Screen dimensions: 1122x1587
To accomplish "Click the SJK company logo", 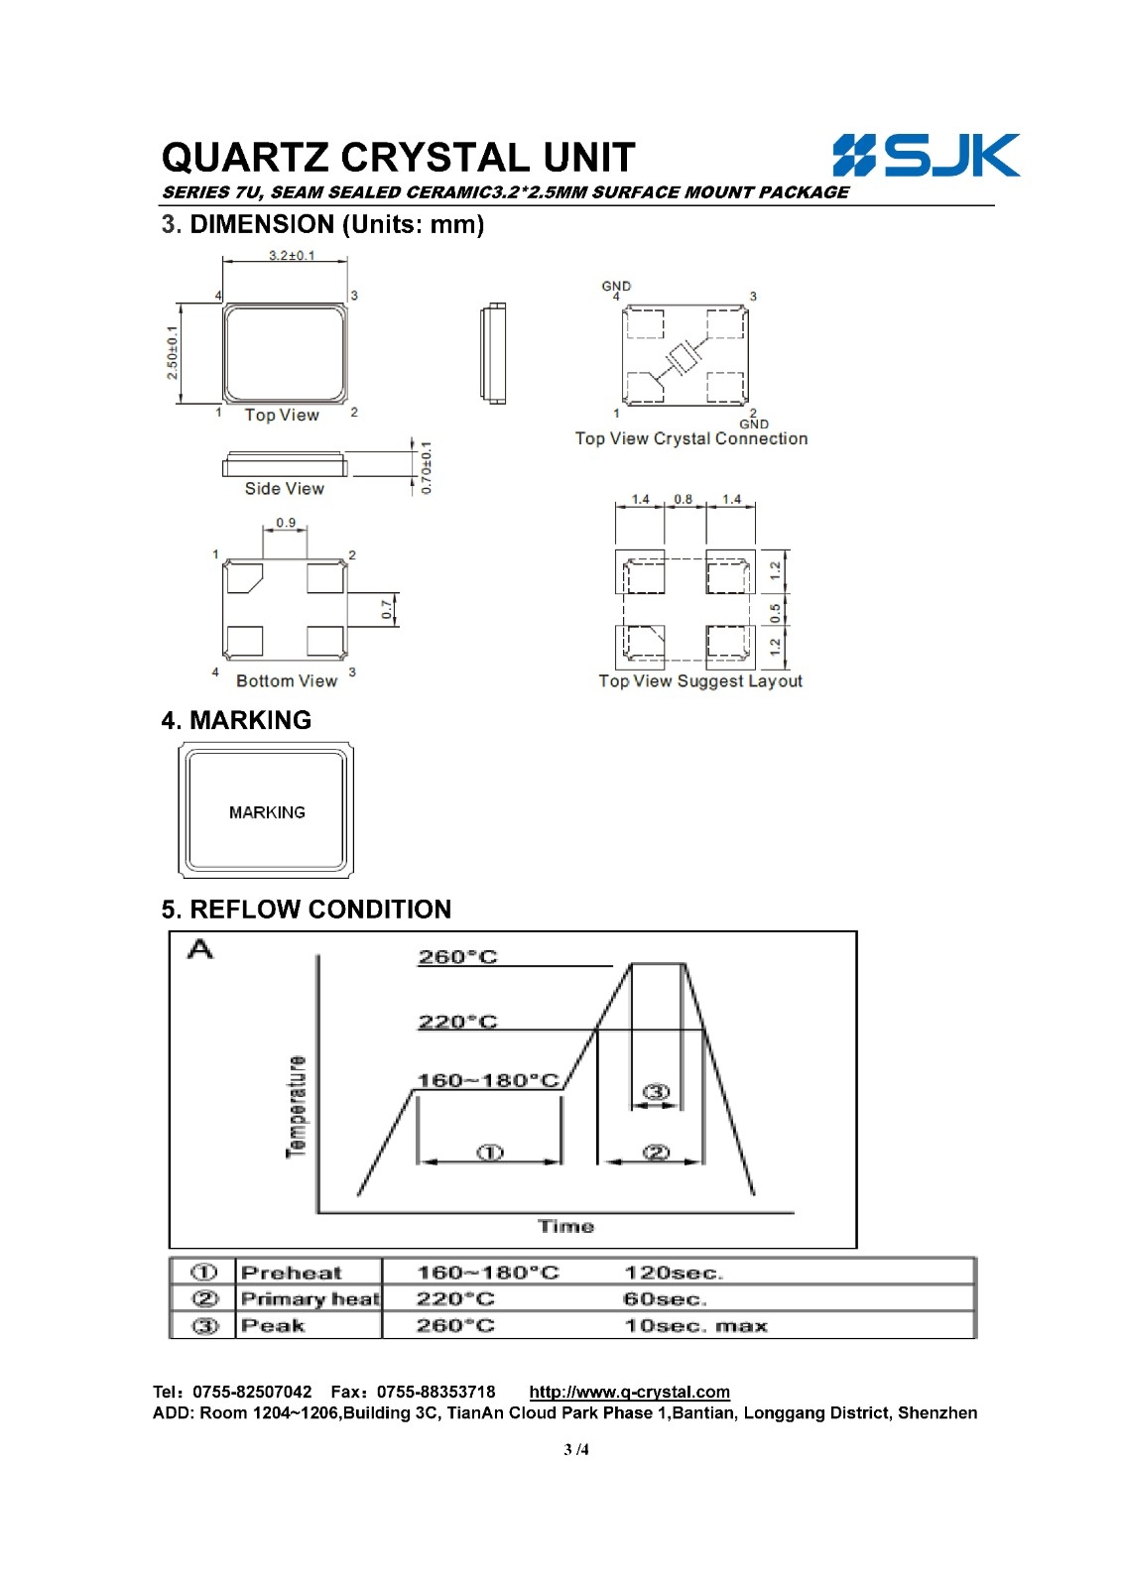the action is coord(926,155).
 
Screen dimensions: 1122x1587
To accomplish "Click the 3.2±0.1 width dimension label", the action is coord(292,255).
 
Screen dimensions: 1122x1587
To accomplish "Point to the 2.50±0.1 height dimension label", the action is coord(173,352).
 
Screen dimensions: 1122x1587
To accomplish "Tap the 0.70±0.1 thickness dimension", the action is coord(426,467).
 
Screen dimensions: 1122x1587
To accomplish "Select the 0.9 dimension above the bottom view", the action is coord(286,523).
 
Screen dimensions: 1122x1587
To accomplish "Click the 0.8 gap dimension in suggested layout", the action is coord(684,499).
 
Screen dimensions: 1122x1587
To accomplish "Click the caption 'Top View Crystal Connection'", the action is coord(691,438).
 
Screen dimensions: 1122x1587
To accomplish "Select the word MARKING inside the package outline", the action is coord(267,812).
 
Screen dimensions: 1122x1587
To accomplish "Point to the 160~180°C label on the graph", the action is coord(489,1080).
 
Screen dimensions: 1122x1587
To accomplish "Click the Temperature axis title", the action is coord(297,1107).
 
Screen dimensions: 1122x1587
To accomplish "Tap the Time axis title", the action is coord(565,1226).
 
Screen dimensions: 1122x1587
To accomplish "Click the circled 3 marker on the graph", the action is coord(656,1092).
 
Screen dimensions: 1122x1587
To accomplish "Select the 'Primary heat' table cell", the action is coord(310,1298).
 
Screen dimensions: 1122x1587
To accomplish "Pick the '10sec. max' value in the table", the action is coord(696,1325).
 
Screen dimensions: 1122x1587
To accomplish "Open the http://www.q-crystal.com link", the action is coord(629,1392).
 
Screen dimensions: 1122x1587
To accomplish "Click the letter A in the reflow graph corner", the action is coord(199,948).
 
